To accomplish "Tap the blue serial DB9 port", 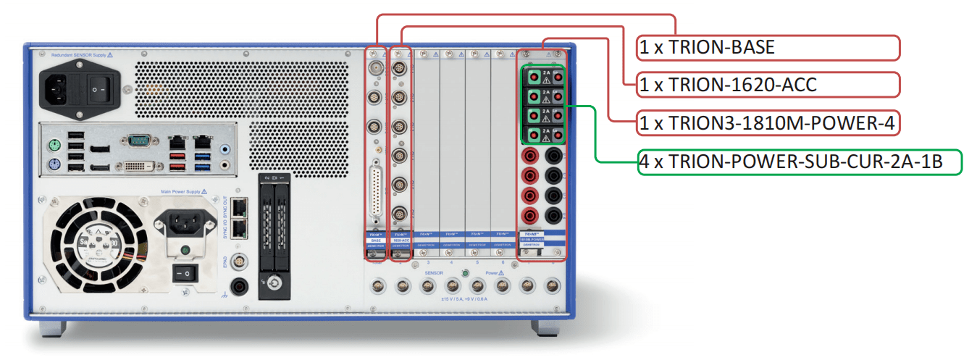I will click(137, 140).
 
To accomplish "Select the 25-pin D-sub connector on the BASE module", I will click(376, 190).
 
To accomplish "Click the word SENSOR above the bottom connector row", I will click(435, 274).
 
